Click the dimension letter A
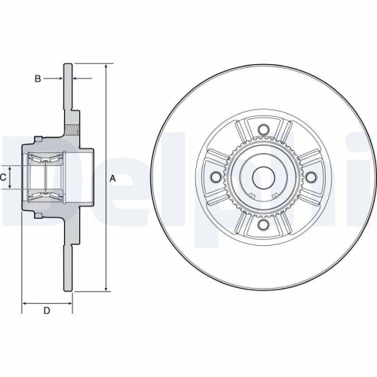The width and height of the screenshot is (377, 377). click(x=112, y=178)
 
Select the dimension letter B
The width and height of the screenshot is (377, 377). click(x=37, y=78)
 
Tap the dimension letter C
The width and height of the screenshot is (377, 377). click(x=4, y=177)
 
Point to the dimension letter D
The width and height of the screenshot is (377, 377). click(x=46, y=311)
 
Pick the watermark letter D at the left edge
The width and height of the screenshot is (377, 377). click(x=11, y=177)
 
